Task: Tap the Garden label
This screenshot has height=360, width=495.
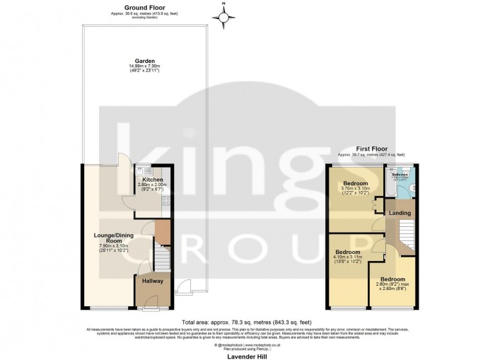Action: point(146,61)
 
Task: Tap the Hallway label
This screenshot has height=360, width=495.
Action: point(153,281)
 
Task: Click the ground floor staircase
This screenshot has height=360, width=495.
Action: point(162,260)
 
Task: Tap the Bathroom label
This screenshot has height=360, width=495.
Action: point(400,174)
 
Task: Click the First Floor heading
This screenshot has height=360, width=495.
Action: point(371,149)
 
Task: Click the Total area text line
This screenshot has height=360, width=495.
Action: point(246,320)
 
